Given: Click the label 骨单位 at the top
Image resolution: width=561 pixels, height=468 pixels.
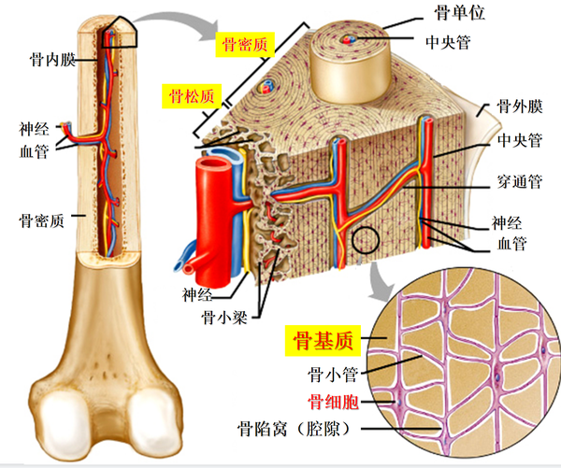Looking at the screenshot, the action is [x=459, y=13].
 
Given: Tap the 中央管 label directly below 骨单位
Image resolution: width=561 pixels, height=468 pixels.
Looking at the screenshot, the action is [x=448, y=42].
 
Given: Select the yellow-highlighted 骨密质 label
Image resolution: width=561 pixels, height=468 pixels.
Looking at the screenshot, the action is [x=245, y=45].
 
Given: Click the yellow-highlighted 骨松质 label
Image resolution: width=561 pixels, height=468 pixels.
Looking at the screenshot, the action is [x=192, y=96].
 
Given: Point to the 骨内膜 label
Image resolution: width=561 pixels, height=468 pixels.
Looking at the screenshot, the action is [x=52, y=60].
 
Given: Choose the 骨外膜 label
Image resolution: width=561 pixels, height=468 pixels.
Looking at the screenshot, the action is [x=520, y=106].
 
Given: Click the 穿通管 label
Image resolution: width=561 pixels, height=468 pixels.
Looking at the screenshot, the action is [x=520, y=181].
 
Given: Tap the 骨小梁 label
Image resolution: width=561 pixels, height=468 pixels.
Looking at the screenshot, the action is [x=224, y=317].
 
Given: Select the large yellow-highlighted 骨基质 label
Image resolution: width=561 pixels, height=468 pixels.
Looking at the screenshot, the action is [x=323, y=341].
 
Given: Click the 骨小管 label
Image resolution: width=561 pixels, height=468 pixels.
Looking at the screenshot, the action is [x=333, y=375].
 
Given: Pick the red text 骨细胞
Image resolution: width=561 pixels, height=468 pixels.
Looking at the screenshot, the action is [x=333, y=402].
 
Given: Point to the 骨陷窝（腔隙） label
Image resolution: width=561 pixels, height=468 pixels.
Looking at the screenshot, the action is [x=294, y=429].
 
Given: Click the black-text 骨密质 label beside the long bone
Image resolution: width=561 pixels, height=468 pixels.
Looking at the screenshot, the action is [x=42, y=220].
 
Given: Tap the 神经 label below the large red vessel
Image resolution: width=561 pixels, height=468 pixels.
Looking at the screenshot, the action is [x=197, y=295].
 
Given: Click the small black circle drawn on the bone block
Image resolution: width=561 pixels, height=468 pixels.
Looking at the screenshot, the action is [x=366, y=240].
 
